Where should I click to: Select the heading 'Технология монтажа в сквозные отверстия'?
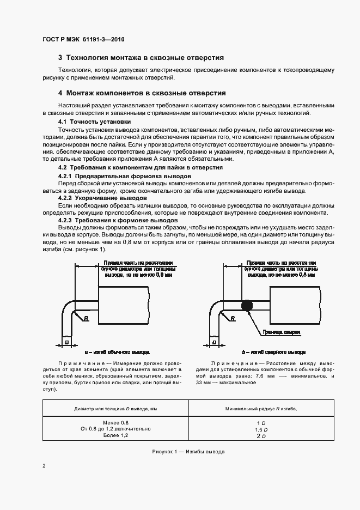(141, 57)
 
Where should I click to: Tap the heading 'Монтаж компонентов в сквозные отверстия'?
(142, 93)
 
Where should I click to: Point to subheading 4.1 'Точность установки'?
(94, 122)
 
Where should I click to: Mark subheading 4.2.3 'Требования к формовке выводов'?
(118, 220)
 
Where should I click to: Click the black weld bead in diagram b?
(246, 305)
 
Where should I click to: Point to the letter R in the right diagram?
(233, 318)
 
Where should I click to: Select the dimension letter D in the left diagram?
(66, 342)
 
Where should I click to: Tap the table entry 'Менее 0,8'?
(115, 423)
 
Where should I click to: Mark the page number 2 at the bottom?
(44, 466)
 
